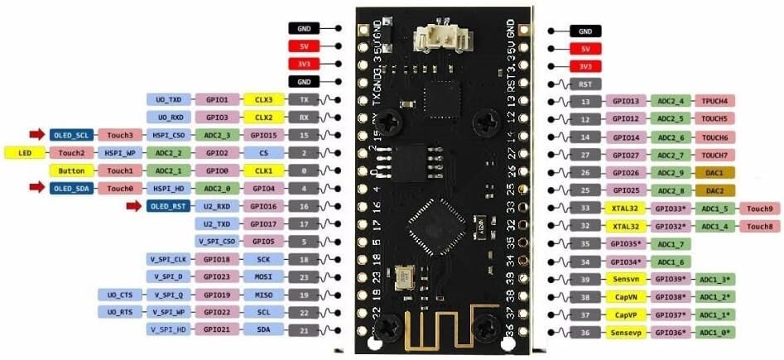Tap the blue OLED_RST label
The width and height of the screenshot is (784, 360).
171,206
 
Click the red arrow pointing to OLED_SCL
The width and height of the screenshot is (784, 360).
37,134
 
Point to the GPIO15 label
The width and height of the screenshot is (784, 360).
263,135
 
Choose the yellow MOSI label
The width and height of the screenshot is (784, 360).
263,277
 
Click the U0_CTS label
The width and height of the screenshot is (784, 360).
119,295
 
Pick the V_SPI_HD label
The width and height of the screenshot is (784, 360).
168,330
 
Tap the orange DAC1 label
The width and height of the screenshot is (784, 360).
715,172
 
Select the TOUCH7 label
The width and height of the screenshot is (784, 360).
715,155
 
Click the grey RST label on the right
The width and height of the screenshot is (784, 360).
585,84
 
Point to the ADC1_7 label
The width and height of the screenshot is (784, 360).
671,244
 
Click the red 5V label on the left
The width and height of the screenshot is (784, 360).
305,47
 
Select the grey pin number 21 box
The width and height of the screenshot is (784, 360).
305,330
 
